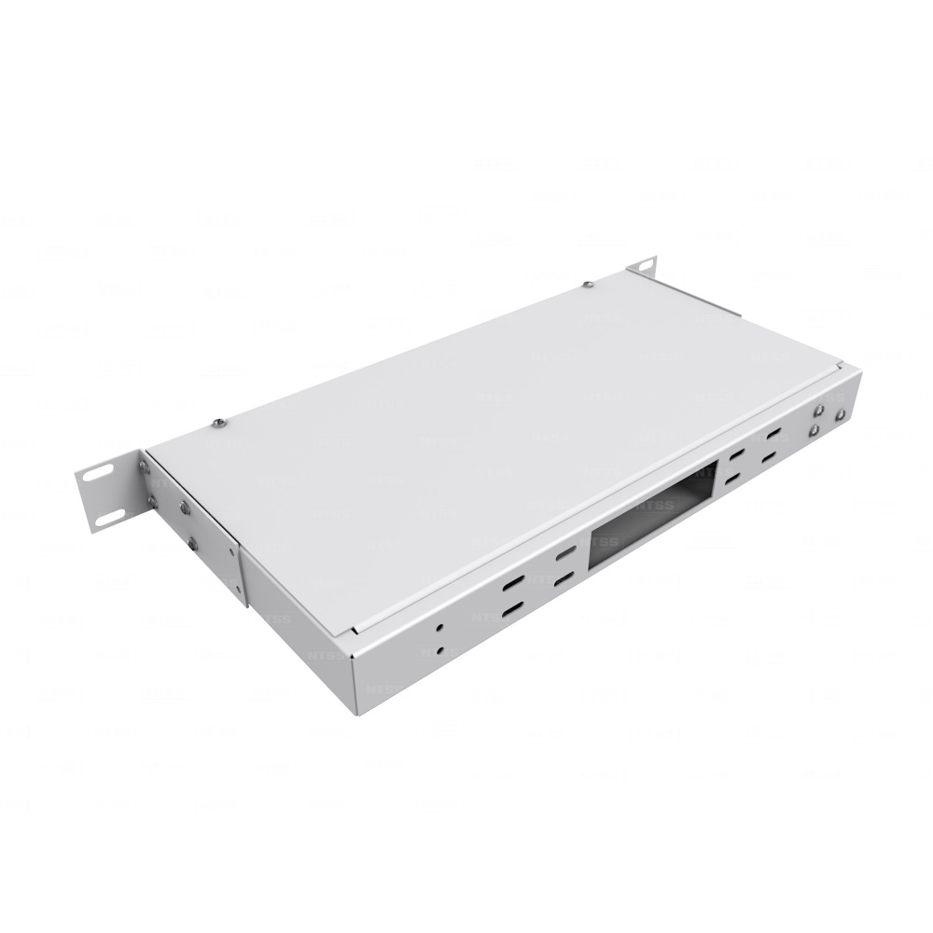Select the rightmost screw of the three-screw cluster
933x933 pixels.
pos(841,415)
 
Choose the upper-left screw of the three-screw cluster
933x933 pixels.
pos(819,410)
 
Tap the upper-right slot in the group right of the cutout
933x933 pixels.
pos(774,435)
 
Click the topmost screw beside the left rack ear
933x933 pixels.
pos(143,465)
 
